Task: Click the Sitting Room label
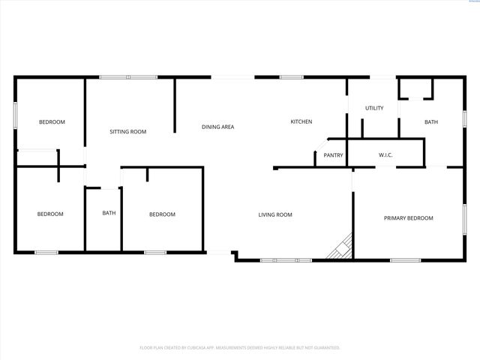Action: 127,131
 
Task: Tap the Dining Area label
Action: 217,127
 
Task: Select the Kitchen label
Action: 301,121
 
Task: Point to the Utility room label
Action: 374,108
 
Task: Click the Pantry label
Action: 333,155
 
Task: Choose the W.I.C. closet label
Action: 385,155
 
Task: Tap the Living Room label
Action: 275,214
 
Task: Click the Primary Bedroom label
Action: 408,218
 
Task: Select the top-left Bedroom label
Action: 52,121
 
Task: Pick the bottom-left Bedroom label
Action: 50,214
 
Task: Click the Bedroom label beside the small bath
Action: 162,214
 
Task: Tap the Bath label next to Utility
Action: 430,121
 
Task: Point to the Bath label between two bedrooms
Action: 109,213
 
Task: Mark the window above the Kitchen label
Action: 291,76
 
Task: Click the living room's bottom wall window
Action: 285,260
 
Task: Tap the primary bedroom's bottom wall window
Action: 405,260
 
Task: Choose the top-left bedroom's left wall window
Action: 15,120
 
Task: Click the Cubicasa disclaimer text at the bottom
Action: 240,347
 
